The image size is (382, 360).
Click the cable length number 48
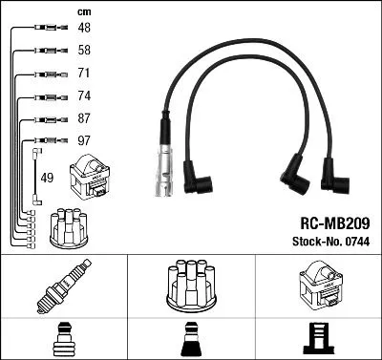(x=84, y=28)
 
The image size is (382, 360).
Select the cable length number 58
(x=84, y=50)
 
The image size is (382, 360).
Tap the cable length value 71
(x=84, y=73)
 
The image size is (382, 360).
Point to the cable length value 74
(x=84, y=95)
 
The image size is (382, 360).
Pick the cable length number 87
(x=84, y=118)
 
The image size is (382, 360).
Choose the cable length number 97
(x=84, y=141)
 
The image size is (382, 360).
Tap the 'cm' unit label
(x=83, y=11)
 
